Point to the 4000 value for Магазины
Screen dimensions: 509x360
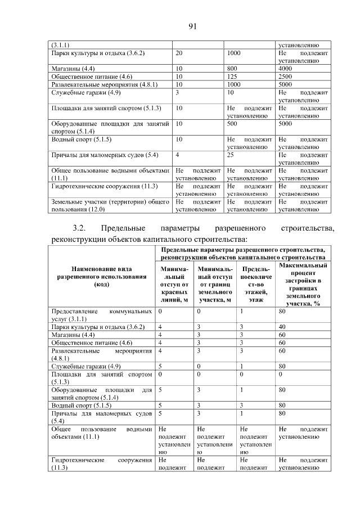[285, 68]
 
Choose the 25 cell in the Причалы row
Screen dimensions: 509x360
[231, 154]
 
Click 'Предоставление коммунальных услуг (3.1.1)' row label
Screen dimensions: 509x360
[101, 314]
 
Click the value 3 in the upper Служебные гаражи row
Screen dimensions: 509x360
[178, 92]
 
